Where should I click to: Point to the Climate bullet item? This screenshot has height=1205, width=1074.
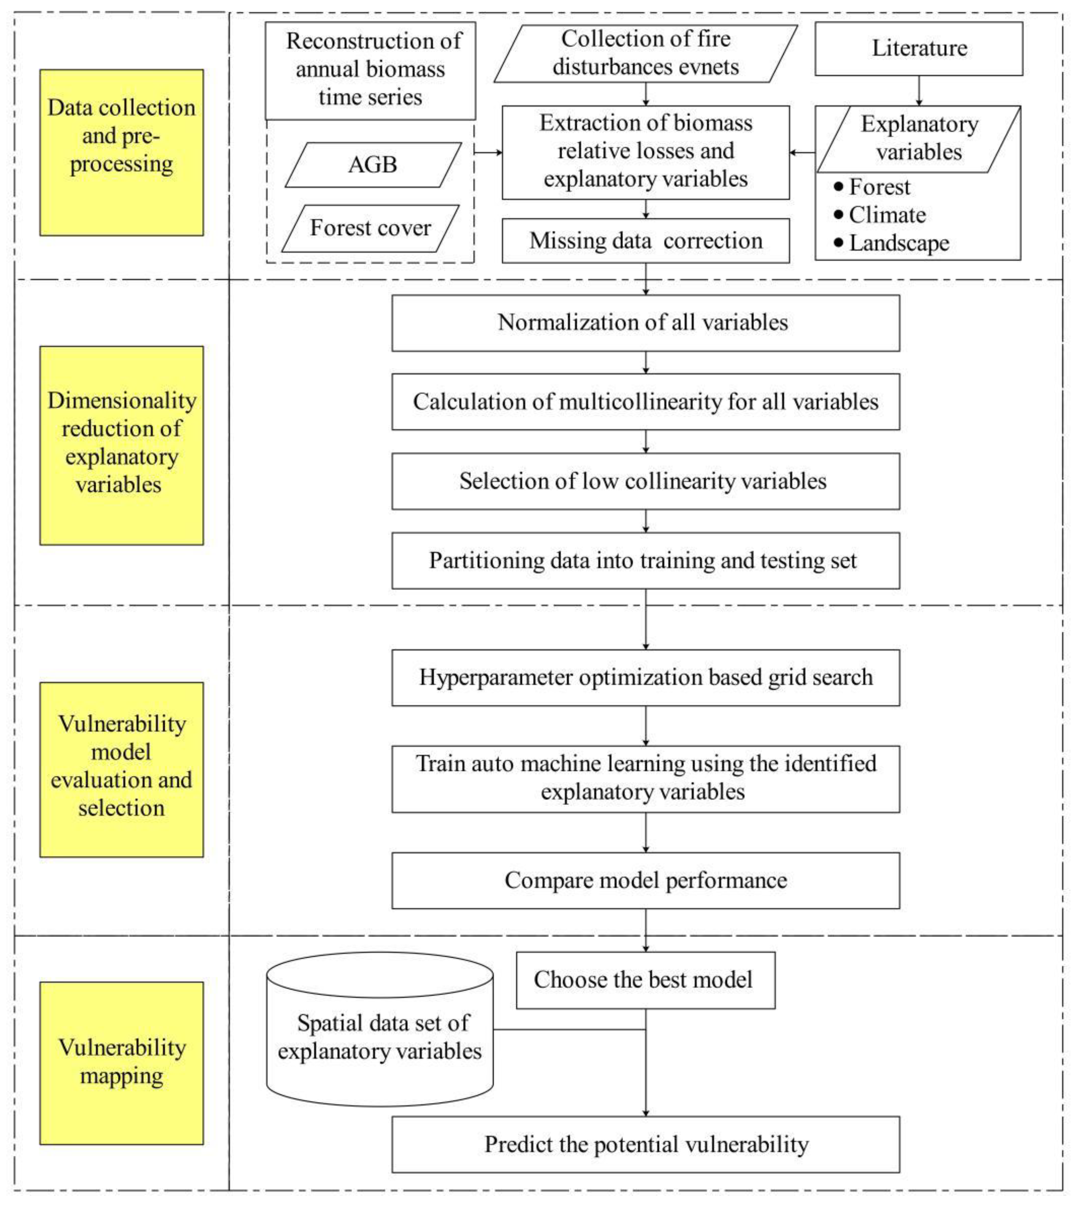coord(886,215)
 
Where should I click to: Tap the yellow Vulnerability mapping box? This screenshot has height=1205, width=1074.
coord(121,1063)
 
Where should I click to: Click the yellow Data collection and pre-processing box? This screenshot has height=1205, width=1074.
coord(121,152)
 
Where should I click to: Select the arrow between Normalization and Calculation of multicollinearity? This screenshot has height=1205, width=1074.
coord(646,362)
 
